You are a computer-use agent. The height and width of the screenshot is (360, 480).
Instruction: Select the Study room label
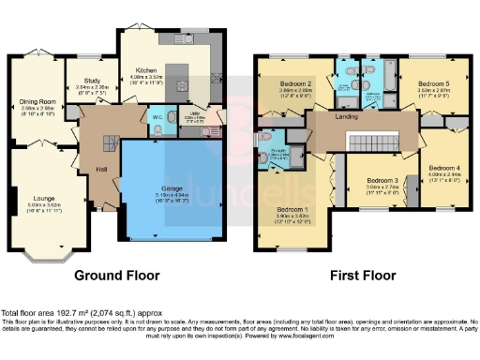point(91,82)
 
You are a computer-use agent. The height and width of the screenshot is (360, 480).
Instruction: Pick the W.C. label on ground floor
point(157,117)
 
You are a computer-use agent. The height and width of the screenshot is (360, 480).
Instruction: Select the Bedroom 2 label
point(296,83)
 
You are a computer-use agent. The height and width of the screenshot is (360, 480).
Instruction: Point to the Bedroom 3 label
point(382,180)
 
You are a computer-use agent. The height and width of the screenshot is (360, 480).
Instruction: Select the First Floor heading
point(361,276)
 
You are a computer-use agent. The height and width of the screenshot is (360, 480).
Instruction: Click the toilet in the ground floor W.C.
point(160,129)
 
